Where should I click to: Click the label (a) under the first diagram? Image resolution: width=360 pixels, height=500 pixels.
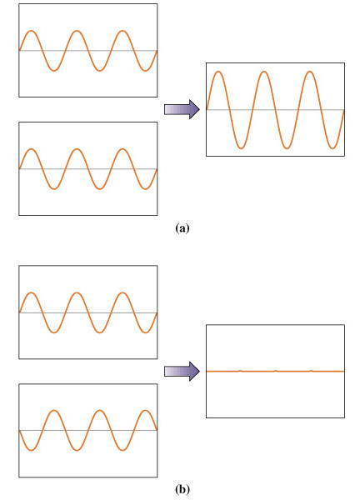tap(182, 228)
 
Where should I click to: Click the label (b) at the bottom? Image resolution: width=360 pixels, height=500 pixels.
tap(182, 489)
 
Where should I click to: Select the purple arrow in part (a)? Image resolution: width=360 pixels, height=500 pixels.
tap(182, 109)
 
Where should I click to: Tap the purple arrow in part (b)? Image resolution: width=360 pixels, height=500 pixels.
tap(182, 371)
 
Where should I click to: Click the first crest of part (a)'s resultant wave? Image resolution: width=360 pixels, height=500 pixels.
tap(218, 72)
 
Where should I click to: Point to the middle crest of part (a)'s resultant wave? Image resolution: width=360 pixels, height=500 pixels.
tap(264, 72)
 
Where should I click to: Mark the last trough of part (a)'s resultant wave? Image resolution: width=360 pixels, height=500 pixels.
tap(332, 148)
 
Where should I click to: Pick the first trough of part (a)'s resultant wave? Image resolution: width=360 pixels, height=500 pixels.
tap(242, 148)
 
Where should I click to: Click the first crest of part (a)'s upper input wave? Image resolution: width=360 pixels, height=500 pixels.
tap(31, 31)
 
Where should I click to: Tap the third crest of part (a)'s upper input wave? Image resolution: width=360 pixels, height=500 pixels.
tap(122, 31)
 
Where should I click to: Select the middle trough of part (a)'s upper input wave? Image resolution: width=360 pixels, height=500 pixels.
tap(100, 71)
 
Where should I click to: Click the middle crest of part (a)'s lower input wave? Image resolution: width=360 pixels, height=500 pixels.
tap(77, 149)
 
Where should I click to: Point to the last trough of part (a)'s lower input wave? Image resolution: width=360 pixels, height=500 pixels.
tap(145, 189)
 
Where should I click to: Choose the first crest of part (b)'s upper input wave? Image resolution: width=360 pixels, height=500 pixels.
tap(31, 292)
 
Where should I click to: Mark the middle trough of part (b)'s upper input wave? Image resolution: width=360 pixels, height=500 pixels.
tap(100, 332)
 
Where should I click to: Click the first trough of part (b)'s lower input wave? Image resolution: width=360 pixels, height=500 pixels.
tap(31, 450)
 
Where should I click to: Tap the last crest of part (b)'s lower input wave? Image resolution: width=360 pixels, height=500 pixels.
tap(145, 410)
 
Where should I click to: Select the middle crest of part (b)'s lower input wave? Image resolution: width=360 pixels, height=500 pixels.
tap(100, 410)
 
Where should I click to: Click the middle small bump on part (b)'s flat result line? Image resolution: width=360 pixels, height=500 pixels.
tap(276, 371)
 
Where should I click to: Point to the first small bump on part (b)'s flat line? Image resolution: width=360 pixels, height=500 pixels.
tap(241, 371)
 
